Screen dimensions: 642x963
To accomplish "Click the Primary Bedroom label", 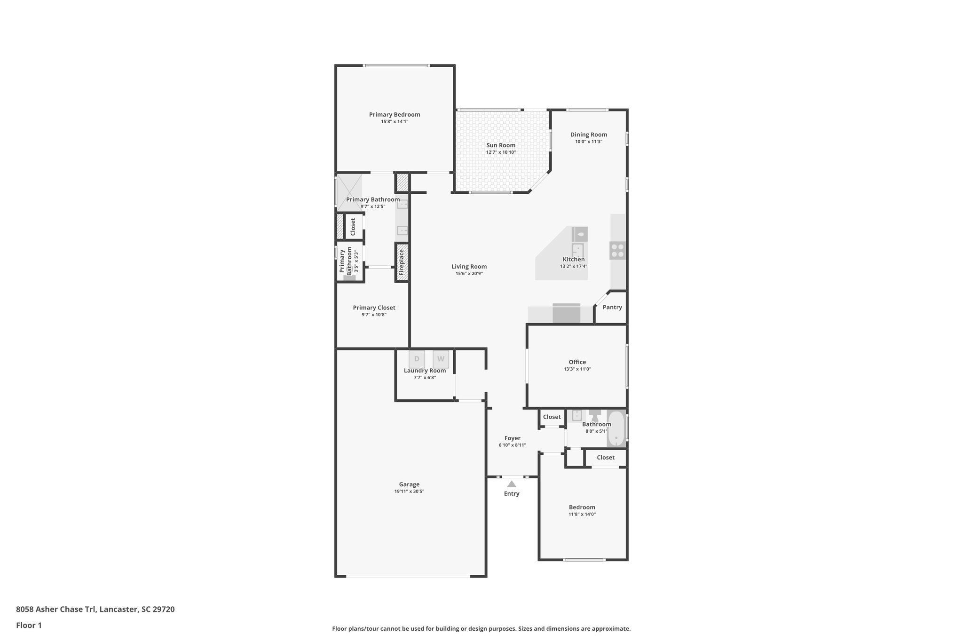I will coord(394,114).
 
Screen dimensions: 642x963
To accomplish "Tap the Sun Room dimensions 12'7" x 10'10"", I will coord(501,152).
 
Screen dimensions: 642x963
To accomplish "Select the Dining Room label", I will coord(588,135).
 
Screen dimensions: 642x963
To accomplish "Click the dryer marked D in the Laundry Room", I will coord(417,359).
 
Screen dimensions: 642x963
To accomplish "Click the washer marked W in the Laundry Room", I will coord(441,359).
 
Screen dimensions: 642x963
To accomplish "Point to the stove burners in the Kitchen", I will coord(617,250).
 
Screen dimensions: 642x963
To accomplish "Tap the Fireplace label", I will coord(402,262).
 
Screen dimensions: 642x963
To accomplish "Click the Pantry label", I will coord(612,307).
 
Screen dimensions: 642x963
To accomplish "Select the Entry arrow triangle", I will coord(512,484).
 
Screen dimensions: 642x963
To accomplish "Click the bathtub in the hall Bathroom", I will coord(616,429).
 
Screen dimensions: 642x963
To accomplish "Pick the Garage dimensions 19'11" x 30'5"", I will coord(409,491).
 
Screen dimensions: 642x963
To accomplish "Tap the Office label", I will coord(577,362).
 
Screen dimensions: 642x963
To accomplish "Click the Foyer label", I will coord(512,438).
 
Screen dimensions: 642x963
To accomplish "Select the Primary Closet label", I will coord(374,308).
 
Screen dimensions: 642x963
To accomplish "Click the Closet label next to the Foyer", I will coord(552,417).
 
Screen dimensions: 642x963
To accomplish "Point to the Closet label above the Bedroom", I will coord(605,457).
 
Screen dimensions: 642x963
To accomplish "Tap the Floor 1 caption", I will coord(29,625).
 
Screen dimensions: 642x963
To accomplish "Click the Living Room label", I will coord(469,267).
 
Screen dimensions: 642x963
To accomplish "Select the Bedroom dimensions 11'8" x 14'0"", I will coord(582,515).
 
